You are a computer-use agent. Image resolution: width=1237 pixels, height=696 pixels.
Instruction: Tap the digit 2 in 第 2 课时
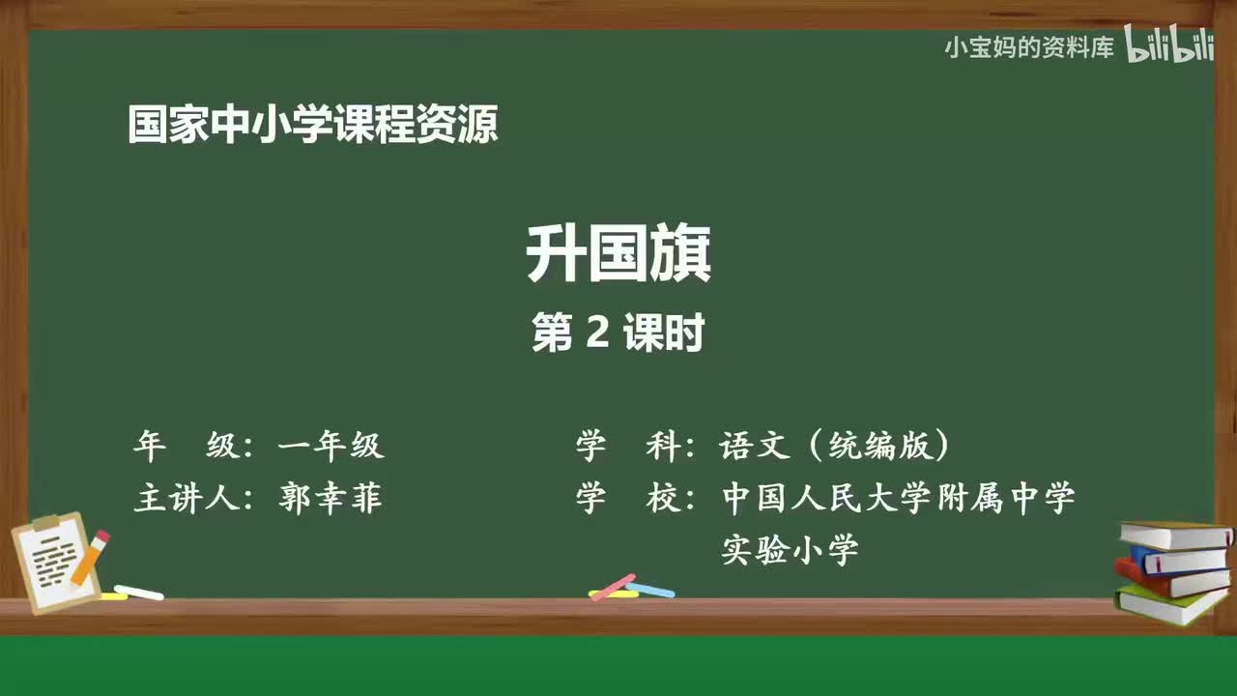coord(596,333)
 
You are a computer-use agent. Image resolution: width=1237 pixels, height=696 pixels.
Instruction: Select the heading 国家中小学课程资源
coord(312,126)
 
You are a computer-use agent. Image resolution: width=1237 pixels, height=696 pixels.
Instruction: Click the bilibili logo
coord(1169,46)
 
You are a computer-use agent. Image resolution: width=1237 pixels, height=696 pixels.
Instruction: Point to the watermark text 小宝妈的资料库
coord(1029,46)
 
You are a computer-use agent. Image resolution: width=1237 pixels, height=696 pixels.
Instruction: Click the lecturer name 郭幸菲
coord(331,499)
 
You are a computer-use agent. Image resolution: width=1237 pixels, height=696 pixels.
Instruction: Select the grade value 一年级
coord(331,446)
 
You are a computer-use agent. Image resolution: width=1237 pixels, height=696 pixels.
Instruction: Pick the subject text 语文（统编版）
coord(834,446)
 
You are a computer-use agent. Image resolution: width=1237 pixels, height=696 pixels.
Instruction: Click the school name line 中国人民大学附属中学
coord(898,499)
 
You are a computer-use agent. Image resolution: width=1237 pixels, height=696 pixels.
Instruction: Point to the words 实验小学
coord(790,552)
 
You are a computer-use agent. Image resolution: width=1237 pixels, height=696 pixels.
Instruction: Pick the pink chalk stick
coord(612,587)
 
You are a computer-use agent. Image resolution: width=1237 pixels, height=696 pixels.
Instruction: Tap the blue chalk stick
coord(651,589)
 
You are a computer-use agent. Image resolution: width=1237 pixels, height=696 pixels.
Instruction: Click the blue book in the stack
coord(1179,560)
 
